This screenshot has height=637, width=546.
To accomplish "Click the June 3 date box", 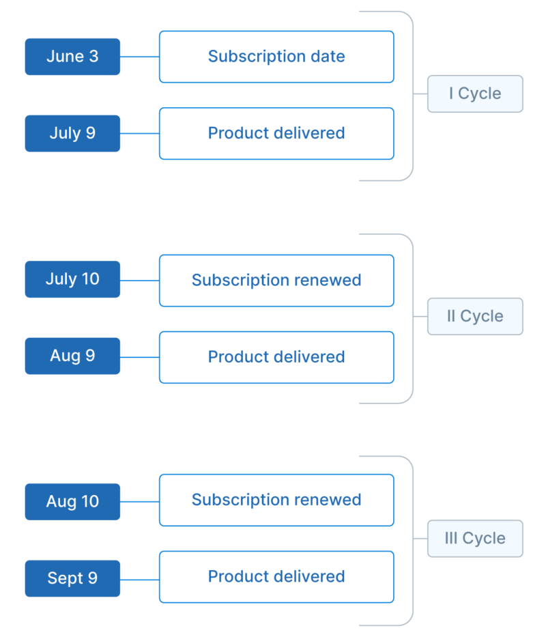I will click(x=72, y=57).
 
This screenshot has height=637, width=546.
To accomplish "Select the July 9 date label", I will click(x=72, y=133).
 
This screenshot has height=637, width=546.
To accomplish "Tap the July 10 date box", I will click(x=72, y=279).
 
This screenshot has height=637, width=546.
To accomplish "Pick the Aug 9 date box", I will click(x=72, y=356).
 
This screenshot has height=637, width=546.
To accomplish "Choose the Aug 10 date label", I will click(x=72, y=502).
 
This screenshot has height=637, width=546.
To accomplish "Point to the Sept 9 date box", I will click(x=72, y=578).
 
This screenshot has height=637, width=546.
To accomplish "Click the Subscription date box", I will click(x=276, y=57).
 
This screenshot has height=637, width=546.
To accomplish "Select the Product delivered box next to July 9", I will click(x=276, y=133).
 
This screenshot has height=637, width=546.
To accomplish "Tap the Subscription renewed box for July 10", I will click(x=276, y=280).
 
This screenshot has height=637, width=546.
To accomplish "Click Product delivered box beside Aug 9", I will click(x=276, y=356).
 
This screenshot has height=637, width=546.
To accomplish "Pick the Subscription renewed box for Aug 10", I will click(x=276, y=500).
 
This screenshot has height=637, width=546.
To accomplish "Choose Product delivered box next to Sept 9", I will click(x=276, y=576).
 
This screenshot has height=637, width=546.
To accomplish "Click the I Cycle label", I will click(x=475, y=94).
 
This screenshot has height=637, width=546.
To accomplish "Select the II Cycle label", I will click(x=475, y=316).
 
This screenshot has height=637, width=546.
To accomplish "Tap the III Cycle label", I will click(x=475, y=538).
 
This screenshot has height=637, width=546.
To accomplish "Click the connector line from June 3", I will click(x=140, y=57).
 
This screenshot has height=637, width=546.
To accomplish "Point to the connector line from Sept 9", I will click(x=140, y=578).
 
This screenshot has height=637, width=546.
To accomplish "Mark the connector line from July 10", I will click(x=140, y=280).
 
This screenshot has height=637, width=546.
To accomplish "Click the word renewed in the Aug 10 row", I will click(x=330, y=500).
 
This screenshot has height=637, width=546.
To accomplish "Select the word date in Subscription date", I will click(x=328, y=57).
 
